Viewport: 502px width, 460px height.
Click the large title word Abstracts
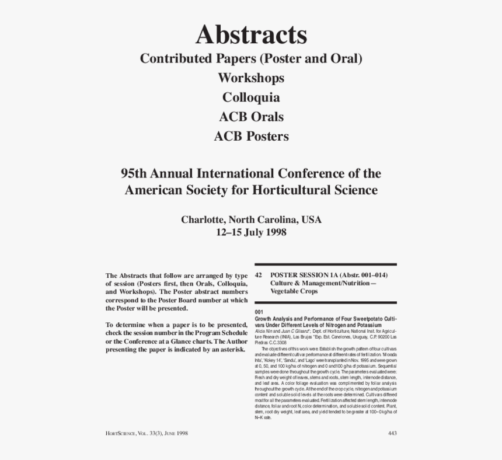tap(251, 34)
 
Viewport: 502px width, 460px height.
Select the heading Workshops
tap(251, 78)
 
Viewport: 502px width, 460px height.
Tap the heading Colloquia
tap(251, 97)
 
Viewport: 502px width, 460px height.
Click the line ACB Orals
tap(251, 116)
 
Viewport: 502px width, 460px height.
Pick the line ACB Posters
tap(251, 136)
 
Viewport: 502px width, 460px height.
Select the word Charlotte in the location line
tap(203, 220)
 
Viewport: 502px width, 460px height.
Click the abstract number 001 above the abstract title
tap(259, 312)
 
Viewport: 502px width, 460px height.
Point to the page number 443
tap(392, 433)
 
